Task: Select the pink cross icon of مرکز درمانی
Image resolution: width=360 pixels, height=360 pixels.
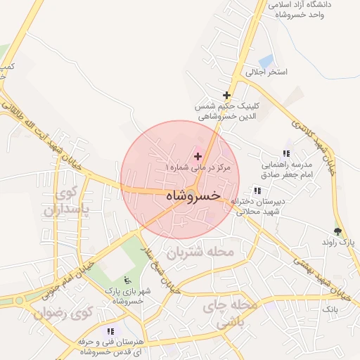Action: (x=198, y=155)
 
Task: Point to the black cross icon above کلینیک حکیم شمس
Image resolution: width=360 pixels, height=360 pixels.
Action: (x=226, y=94)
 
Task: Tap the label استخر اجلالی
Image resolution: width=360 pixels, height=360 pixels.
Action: (x=267, y=72)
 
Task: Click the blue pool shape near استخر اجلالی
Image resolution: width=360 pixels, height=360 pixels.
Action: (x=266, y=61)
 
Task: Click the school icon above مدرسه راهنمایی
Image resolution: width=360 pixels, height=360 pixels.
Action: (x=286, y=153)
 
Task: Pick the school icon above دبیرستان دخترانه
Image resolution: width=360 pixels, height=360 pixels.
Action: (x=257, y=191)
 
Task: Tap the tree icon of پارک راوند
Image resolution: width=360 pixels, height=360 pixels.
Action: (x=338, y=231)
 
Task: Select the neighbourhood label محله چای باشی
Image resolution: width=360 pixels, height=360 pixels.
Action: (x=226, y=314)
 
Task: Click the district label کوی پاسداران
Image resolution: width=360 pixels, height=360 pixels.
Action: (x=68, y=201)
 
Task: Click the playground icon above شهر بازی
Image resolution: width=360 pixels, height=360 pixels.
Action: (x=126, y=279)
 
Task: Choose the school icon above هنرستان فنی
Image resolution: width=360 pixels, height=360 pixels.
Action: (x=110, y=331)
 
